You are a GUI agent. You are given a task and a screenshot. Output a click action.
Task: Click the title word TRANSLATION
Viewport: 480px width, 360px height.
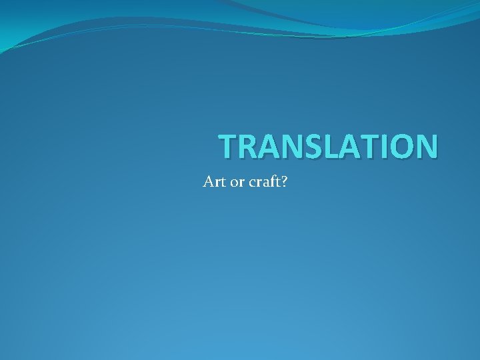pos(329,146)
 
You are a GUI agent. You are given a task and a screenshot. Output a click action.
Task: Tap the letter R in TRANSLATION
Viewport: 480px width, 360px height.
pos(249,146)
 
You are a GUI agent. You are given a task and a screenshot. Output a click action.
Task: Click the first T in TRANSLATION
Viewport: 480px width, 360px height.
pos(229,146)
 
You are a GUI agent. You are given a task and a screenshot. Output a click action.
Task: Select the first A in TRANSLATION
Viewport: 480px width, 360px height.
pos(269,146)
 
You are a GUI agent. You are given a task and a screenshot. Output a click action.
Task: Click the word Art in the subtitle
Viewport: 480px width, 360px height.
pos(214,181)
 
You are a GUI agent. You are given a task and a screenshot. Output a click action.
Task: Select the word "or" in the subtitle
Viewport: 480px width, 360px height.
pos(237,182)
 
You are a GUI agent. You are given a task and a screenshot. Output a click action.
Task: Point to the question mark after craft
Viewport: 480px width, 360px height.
pos(284,181)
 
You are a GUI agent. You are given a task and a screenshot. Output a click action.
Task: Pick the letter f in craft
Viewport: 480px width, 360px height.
pos(272,181)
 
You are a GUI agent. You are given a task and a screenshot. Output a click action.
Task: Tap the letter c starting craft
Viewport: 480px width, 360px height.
pos(251,183)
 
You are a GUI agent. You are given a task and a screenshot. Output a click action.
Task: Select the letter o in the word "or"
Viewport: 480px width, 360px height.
pos(234,183)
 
